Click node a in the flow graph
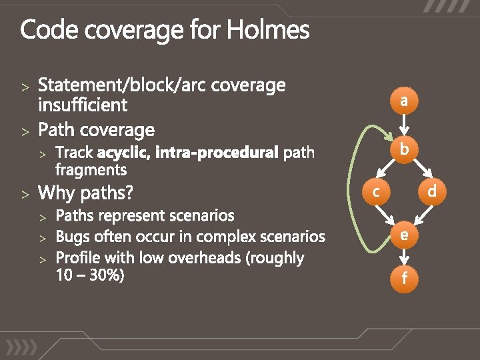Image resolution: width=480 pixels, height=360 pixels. pos(404,101)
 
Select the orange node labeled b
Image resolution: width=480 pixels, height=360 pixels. pos(404,149)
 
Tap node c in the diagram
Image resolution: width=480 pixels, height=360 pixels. pos(376,192)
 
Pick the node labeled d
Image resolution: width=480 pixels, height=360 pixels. pos(432,192)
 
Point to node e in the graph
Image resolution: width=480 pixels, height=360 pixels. pos(404,234)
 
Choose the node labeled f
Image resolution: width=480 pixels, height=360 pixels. pos(404,278)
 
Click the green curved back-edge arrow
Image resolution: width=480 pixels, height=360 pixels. pos(355,193)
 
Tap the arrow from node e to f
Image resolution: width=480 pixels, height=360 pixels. pos(404,256)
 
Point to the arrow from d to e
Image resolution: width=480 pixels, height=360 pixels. pos(421,215)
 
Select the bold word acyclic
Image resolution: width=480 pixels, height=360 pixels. pos(123,153)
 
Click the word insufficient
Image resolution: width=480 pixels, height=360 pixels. pos(83,105)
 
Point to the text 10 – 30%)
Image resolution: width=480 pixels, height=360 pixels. pos(90,274)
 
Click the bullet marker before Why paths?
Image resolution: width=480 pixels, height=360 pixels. pos(25,195)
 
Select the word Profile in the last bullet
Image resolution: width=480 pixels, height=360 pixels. pos(78,258)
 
